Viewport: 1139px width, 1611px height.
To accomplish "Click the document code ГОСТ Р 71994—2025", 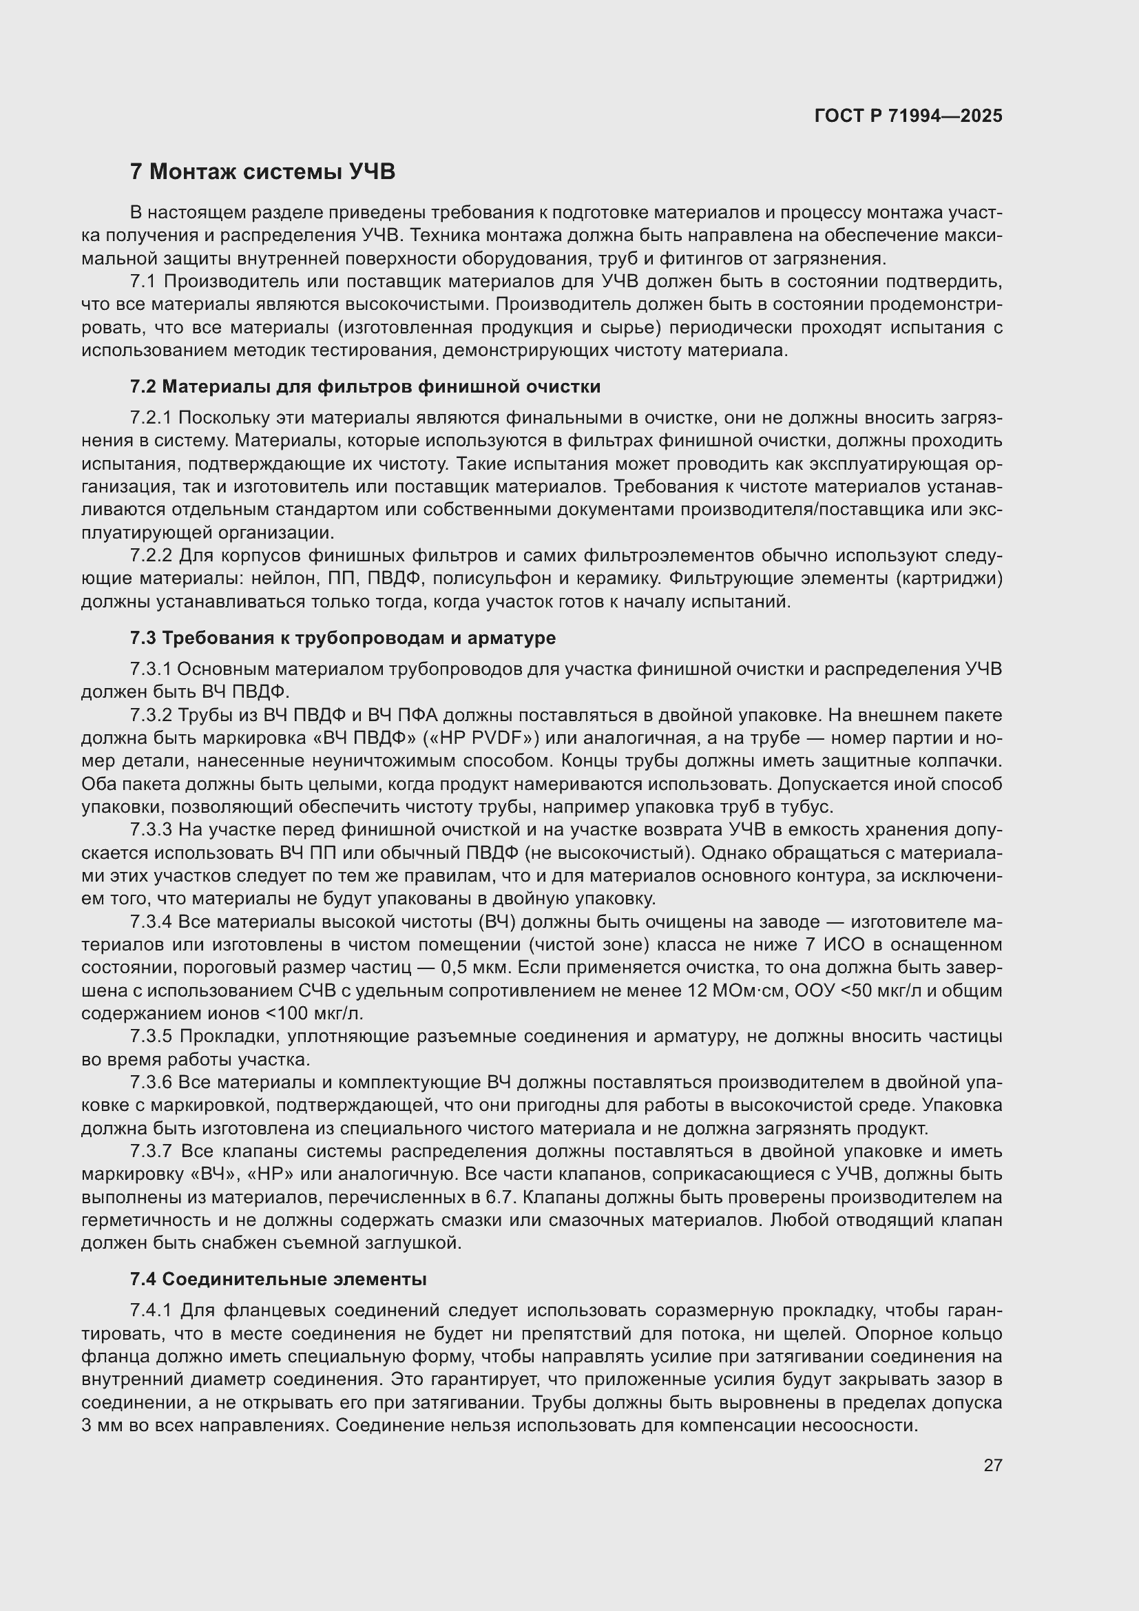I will [x=908, y=116].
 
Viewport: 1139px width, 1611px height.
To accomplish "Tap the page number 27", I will [x=992, y=1465].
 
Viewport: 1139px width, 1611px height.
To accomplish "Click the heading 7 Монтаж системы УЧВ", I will [x=262, y=172].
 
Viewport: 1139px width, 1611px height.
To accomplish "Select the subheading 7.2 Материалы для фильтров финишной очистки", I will [x=365, y=386].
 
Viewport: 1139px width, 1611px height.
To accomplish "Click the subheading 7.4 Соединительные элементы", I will [x=278, y=1279].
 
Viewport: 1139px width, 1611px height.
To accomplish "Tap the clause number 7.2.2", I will [x=151, y=556].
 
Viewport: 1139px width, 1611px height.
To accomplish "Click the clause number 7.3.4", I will [x=151, y=922].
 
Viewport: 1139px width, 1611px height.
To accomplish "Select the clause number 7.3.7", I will [x=151, y=1152].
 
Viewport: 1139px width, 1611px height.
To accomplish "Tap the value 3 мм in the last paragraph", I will [x=103, y=1425].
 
